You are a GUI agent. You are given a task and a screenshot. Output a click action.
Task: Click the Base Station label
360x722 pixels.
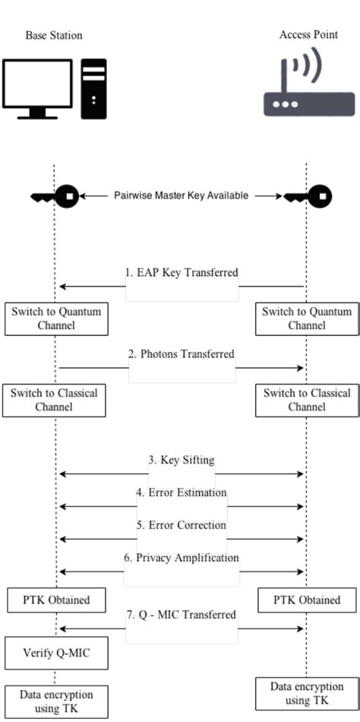53,35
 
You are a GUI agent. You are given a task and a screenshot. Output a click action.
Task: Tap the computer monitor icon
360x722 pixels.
37,88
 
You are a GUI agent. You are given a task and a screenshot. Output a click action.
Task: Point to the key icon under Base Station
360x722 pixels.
55,197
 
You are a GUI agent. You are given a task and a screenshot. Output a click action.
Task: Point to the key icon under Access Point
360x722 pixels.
308,197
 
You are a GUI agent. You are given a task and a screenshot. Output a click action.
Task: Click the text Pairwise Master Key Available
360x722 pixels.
181,195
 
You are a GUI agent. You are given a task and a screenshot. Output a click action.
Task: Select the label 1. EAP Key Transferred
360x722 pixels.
182,271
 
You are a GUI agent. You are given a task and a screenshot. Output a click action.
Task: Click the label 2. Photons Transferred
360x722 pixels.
182,353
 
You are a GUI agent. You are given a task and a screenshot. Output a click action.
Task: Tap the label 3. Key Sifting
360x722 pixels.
182,460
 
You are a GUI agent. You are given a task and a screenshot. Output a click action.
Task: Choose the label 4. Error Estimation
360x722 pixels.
182,492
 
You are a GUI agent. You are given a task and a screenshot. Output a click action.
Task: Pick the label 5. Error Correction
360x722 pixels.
182,524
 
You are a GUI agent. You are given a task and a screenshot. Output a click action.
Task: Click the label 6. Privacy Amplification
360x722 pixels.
182,557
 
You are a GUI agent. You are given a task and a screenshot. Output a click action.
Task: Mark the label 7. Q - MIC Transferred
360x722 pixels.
182,614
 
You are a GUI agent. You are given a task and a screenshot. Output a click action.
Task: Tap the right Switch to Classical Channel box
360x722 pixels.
307,401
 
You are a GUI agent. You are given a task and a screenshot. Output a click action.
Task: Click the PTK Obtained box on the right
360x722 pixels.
307,600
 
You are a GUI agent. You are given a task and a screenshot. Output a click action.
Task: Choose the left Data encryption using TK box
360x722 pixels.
54,701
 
